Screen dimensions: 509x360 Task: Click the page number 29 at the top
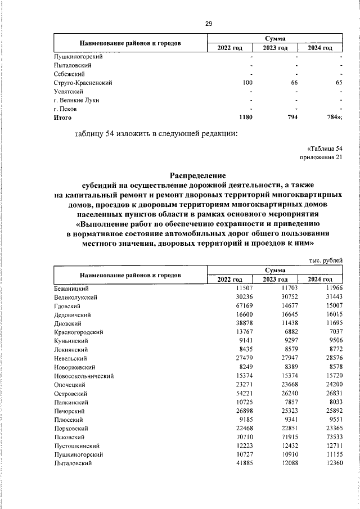pyautogui.click(x=208, y=23)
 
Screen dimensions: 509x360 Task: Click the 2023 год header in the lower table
pyautogui.click(x=275, y=280)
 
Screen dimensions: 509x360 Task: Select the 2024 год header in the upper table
pyautogui.click(x=321, y=48)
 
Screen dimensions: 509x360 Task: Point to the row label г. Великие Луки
pyautogui.click(x=76, y=100)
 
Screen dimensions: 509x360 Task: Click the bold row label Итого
pyautogui.click(x=62, y=117)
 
